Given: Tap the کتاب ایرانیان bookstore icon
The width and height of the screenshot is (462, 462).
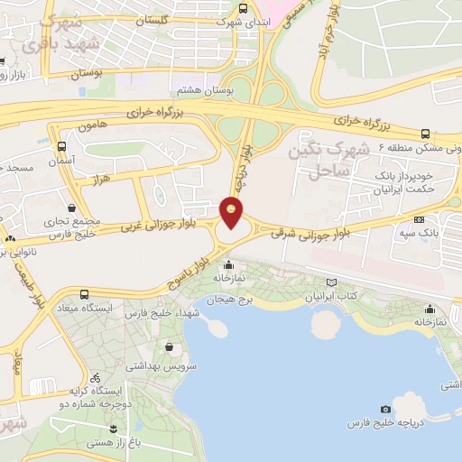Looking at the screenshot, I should click(333, 282).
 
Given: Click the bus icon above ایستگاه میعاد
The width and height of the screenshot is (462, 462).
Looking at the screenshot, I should click(84, 294).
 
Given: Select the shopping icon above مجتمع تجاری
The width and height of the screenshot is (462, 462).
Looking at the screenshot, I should click(70, 207).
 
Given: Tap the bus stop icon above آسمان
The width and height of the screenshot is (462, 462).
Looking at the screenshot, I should click(61, 145).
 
